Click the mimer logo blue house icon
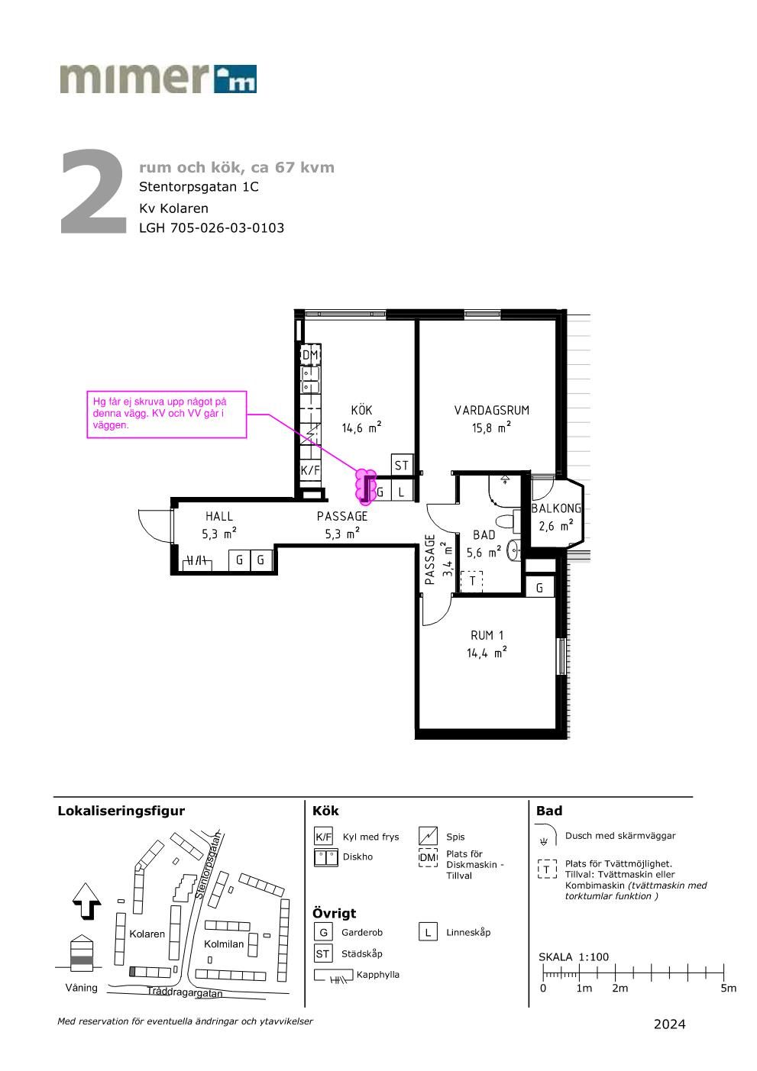point(235,79)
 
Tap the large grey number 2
point(93,192)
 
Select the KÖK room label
point(361,410)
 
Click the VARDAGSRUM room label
point(491,410)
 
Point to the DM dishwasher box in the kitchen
point(310,355)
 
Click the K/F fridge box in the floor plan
point(310,470)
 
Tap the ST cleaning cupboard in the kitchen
point(402,465)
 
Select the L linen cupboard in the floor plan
point(402,491)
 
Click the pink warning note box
point(167,415)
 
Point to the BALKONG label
point(556,508)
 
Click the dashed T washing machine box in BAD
point(472,581)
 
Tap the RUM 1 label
point(487,635)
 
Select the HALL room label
point(218,516)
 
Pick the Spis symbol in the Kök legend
point(428,836)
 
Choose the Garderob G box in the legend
point(323,932)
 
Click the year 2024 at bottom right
point(669,1024)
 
